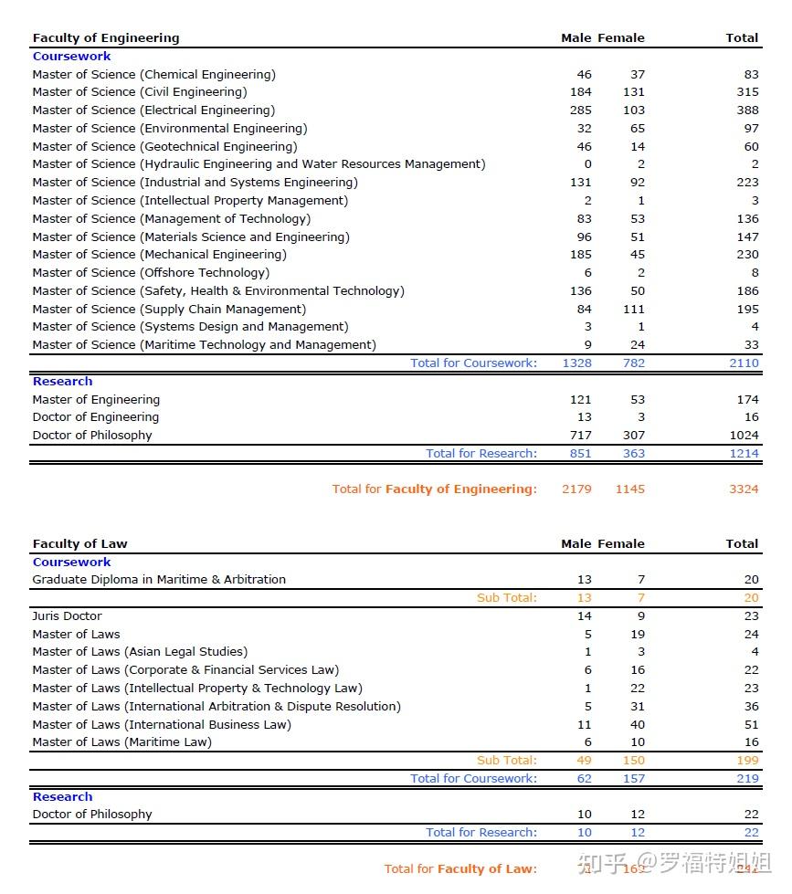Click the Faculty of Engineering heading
pos(106,38)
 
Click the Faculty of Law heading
pos(79,544)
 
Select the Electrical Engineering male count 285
pos(580,110)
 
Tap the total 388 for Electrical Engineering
pos(747,110)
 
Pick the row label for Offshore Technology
pos(151,273)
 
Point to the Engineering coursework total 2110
pos(744,363)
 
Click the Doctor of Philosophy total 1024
pos(744,436)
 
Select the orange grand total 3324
pos(744,489)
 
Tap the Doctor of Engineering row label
pos(96,417)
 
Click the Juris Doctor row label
pos(67,616)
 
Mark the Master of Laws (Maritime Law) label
pos(121,742)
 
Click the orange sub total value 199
pos(747,761)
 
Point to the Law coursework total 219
pos(747,779)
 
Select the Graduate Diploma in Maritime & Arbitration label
pos(159,580)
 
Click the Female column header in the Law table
pos(621,544)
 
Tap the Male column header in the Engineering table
pos(576,38)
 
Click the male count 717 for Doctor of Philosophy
pos(580,436)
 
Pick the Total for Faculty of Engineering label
pos(434,489)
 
